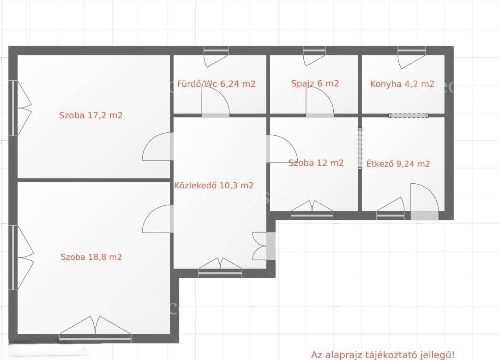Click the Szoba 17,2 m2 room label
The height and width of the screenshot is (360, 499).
point(90,115)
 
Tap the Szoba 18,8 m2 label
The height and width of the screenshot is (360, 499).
point(91,257)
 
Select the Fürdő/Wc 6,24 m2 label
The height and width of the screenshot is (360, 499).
point(216,84)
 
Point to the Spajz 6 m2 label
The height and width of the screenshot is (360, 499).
point(315,84)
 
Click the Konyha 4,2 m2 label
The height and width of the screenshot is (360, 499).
point(402,84)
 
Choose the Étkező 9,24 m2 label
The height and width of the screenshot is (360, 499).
point(398,163)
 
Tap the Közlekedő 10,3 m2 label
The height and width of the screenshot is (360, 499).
point(214,185)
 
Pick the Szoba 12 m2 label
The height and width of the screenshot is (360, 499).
point(316,163)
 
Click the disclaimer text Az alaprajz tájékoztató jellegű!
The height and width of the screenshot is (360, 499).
point(383,354)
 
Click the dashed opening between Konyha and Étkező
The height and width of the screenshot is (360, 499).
point(409,115)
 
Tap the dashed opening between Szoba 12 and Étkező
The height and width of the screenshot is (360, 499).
point(360,149)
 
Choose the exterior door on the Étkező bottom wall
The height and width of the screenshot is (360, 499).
point(425,202)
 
